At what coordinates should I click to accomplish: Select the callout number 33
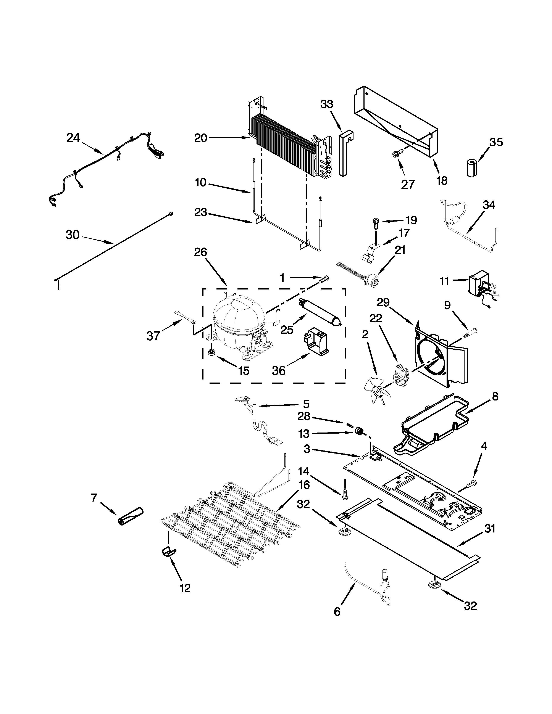(326, 104)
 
